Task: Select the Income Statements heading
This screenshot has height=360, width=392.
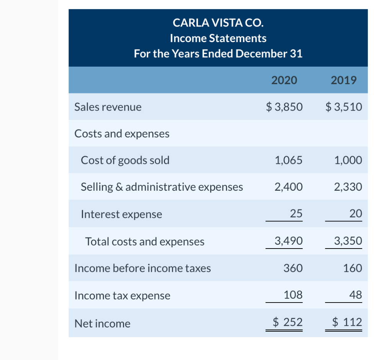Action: tap(218, 38)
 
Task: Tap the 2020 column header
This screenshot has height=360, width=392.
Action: tap(284, 80)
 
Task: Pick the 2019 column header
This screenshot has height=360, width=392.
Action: tap(343, 80)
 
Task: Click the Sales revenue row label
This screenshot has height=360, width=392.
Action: tap(108, 107)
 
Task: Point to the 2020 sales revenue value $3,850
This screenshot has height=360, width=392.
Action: tap(284, 107)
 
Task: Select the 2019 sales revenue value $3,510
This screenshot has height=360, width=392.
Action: tap(343, 107)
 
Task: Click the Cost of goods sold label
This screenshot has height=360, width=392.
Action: tap(125, 160)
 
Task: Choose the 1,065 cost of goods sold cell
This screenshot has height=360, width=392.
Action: tap(288, 160)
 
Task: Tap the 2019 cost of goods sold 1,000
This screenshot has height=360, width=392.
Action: tap(348, 160)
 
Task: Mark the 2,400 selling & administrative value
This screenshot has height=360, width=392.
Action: tap(288, 187)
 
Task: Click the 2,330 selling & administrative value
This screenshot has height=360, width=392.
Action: tap(348, 187)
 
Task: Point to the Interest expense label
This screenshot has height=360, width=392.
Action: tap(121, 214)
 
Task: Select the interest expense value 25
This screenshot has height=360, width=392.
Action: tap(296, 214)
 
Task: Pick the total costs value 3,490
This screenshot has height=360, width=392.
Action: tap(288, 241)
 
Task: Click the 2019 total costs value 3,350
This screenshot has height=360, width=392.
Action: tap(348, 241)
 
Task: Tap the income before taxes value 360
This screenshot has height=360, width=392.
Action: tap(293, 268)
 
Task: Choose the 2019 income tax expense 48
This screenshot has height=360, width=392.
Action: tap(355, 295)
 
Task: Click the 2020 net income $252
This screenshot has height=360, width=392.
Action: tap(287, 322)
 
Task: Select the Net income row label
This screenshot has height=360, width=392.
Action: tap(102, 324)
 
